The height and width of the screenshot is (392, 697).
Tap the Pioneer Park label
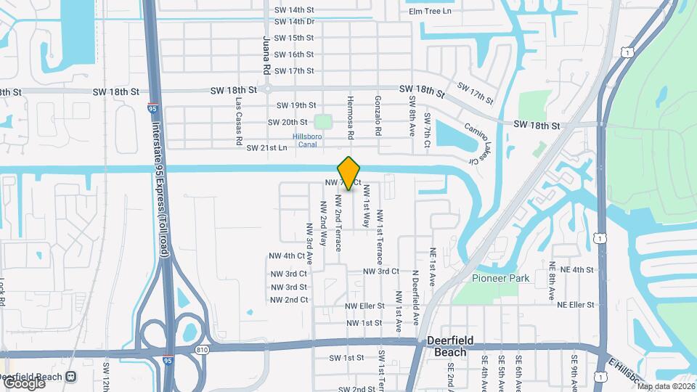coord(501,278)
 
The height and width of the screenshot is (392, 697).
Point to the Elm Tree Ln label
coord(430,11)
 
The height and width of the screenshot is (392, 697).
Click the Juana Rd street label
coord(266,54)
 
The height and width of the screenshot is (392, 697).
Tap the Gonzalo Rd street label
coord(378,115)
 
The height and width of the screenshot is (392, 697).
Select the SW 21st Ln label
coord(267,148)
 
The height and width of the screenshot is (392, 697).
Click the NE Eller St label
coord(571,305)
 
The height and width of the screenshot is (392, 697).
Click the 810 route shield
coord(202,350)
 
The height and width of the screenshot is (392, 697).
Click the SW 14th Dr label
coord(294,22)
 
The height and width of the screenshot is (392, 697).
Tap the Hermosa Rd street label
coord(350,115)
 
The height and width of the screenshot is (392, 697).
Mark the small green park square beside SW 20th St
coord(324,121)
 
